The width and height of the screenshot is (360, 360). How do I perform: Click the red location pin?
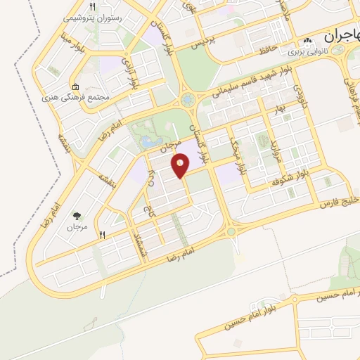point(181,166)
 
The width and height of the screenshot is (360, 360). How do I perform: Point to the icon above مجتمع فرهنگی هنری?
point(75,86)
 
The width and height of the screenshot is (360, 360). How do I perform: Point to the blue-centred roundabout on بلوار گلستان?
point(188,101)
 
